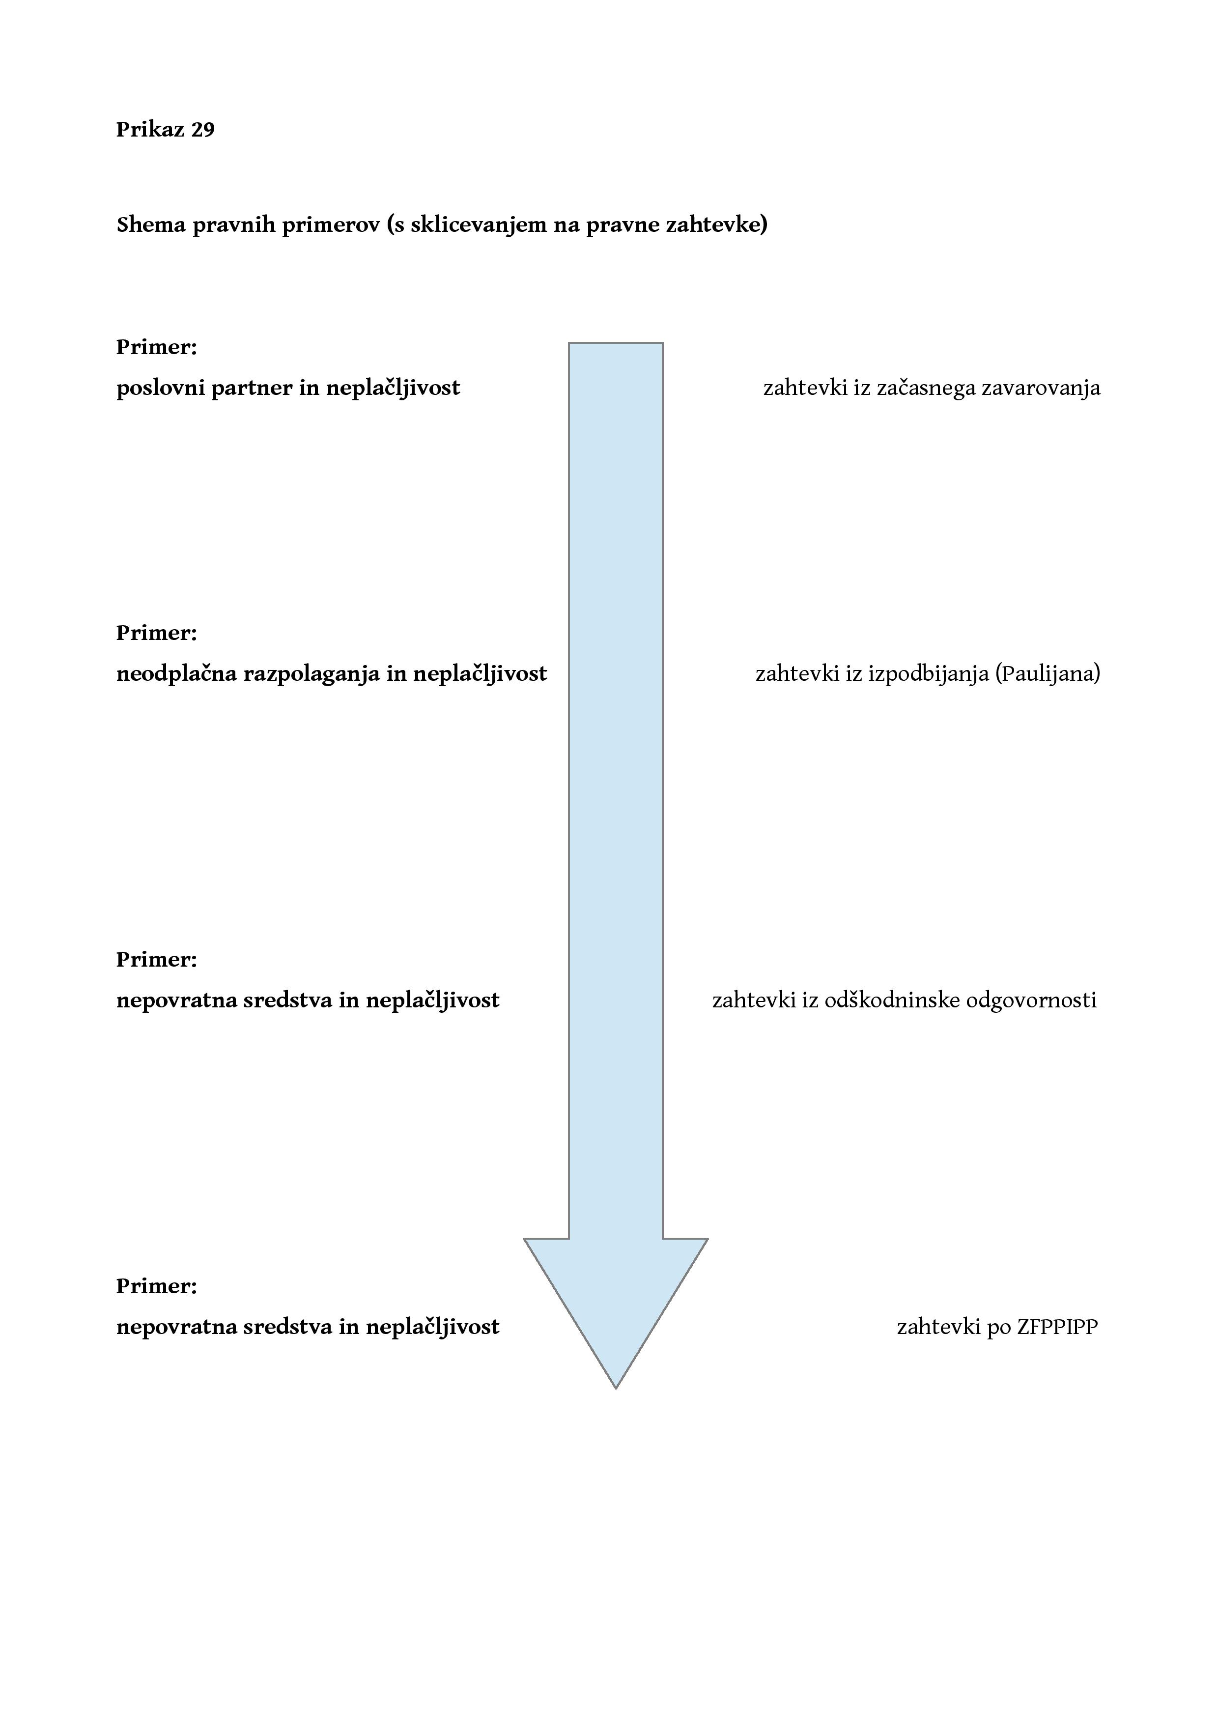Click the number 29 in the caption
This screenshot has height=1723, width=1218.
click(x=202, y=130)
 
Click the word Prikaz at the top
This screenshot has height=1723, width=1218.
click(x=150, y=130)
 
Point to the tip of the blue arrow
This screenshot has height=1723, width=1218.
click(x=615, y=1389)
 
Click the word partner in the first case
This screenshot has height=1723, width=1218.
click(x=252, y=388)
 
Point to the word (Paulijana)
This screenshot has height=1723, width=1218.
click(x=1048, y=674)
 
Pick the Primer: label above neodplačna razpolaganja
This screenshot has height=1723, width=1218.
click(x=157, y=634)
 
